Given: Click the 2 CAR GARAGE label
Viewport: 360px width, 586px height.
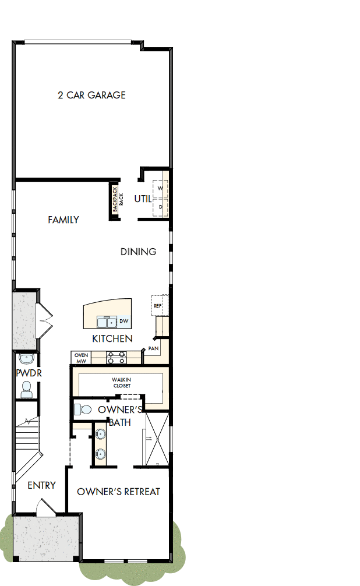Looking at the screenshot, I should click(91, 95).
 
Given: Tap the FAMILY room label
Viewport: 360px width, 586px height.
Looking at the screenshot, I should click(63, 220).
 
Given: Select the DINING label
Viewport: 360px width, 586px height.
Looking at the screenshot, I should click(139, 252).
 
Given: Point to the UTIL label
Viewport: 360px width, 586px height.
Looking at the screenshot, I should click(143, 199).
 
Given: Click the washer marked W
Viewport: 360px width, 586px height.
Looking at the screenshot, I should click(160, 189).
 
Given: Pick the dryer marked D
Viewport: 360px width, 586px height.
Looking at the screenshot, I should click(160, 207).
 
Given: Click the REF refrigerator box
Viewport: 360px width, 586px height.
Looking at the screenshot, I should click(158, 305).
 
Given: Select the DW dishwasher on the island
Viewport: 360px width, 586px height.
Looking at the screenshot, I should click(123, 321).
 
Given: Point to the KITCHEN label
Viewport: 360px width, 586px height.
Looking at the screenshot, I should click(112, 338).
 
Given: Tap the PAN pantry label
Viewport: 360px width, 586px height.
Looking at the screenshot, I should click(153, 348).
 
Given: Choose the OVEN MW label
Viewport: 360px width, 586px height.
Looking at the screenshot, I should click(80, 358).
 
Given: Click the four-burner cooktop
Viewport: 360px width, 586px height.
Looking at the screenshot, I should click(117, 357).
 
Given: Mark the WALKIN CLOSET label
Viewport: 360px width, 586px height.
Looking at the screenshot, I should click(122, 383).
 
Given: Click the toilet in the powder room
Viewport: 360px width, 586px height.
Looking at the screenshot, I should click(27, 389).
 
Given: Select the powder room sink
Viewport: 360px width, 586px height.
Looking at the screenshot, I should click(26, 358).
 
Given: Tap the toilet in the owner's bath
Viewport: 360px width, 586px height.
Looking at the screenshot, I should click(83, 410).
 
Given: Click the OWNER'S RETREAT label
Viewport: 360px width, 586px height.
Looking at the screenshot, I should click(118, 492).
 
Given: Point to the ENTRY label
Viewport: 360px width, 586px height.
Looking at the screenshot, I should click(42, 485).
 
